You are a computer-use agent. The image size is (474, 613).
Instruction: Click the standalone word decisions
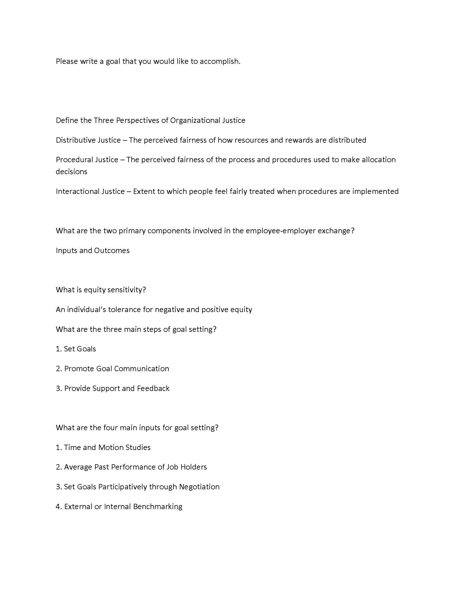(71, 171)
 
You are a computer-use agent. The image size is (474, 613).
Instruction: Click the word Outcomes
(112, 250)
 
